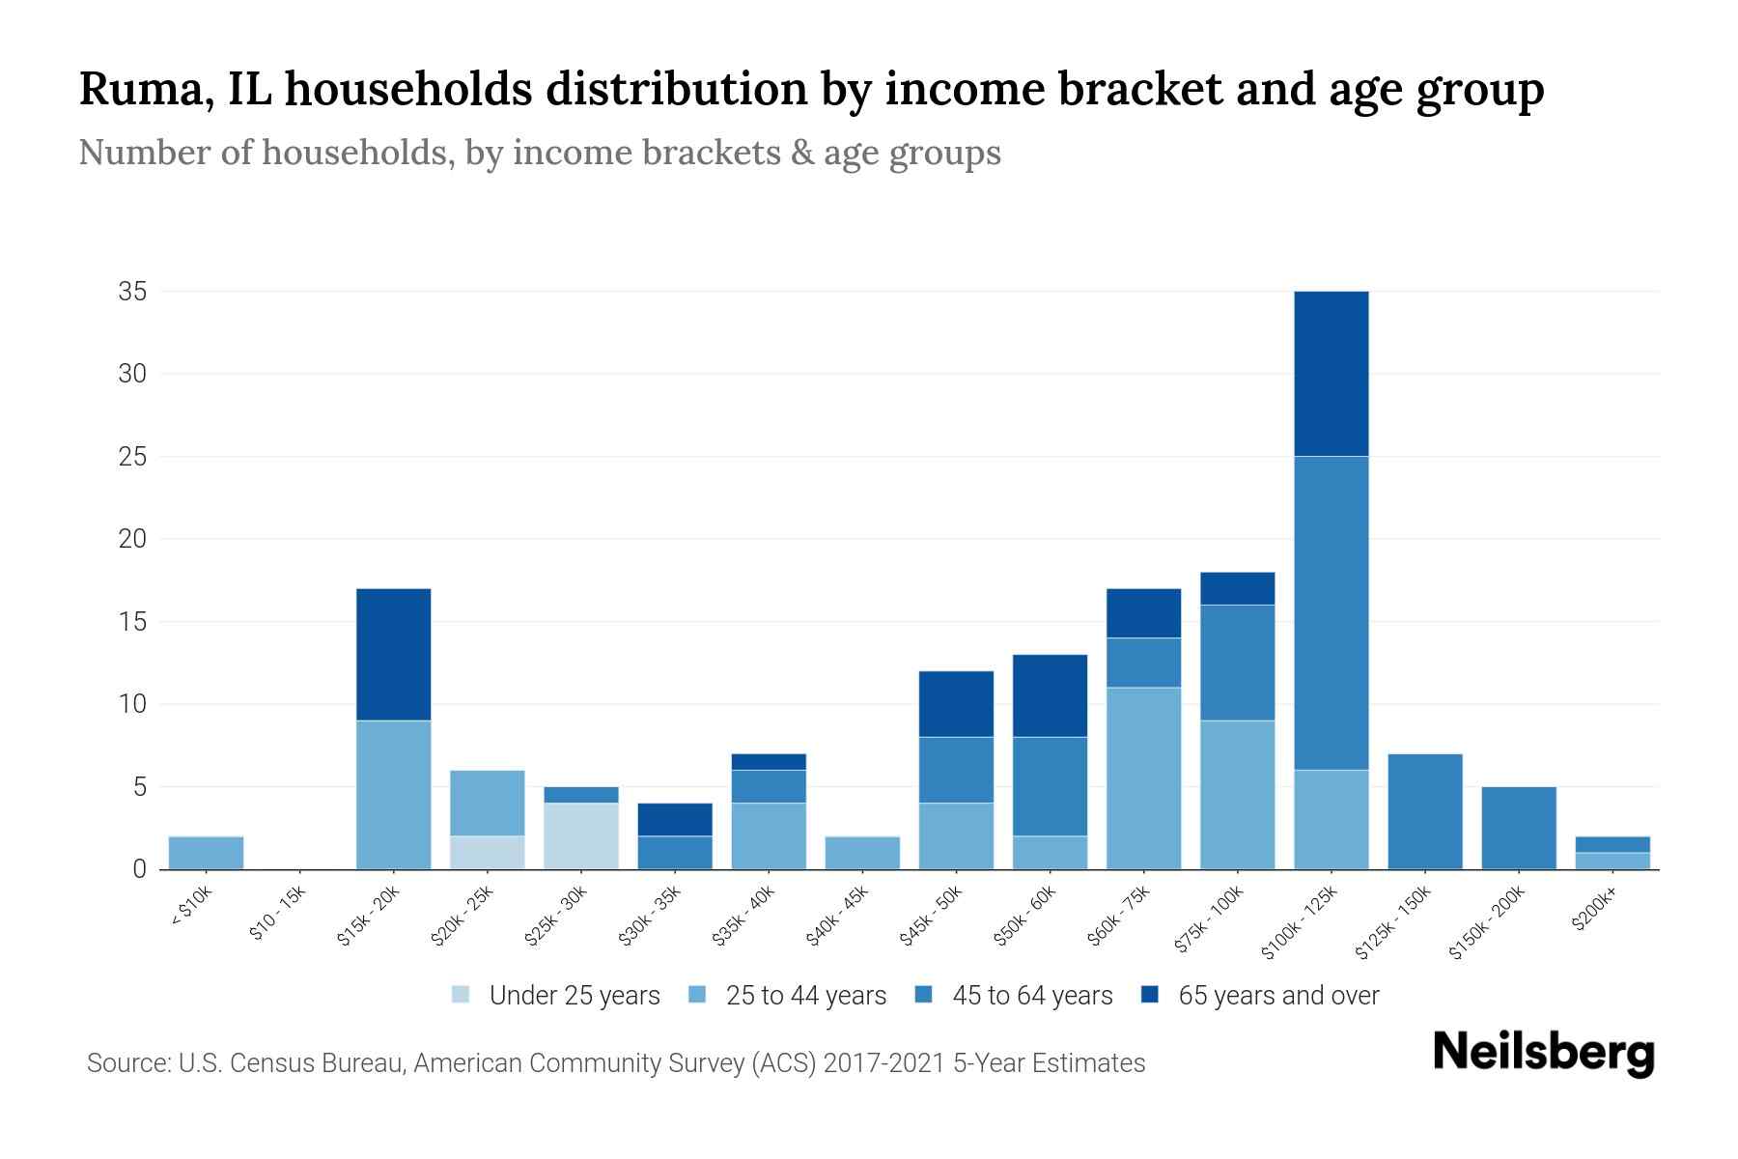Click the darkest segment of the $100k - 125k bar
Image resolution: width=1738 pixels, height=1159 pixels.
(x=1332, y=374)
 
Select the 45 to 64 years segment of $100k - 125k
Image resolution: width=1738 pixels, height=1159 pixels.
(x=1332, y=613)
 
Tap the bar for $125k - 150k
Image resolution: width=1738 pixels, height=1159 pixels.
(x=1425, y=811)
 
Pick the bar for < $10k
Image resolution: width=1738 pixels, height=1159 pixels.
(x=206, y=853)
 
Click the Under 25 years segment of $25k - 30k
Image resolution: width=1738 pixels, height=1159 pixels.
(x=581, y=836)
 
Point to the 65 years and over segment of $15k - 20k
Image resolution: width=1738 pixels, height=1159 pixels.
(x=394, y=655)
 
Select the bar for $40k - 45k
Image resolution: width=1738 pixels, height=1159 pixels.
(x=862, y=853)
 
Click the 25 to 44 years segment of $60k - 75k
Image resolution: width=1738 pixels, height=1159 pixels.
(x=1144, y=778)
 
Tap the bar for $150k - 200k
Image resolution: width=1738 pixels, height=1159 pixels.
(x=1519, y=828)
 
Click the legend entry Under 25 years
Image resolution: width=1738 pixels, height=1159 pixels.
(x=574, y=996)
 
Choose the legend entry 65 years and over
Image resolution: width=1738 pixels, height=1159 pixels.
(x=1277, y=996)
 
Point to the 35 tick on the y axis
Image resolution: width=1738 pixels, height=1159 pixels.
(x=132, y=292)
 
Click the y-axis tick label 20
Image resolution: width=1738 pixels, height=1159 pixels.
(x=132, y=539)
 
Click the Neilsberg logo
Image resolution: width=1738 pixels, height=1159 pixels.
(x=1543, y=1053)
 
